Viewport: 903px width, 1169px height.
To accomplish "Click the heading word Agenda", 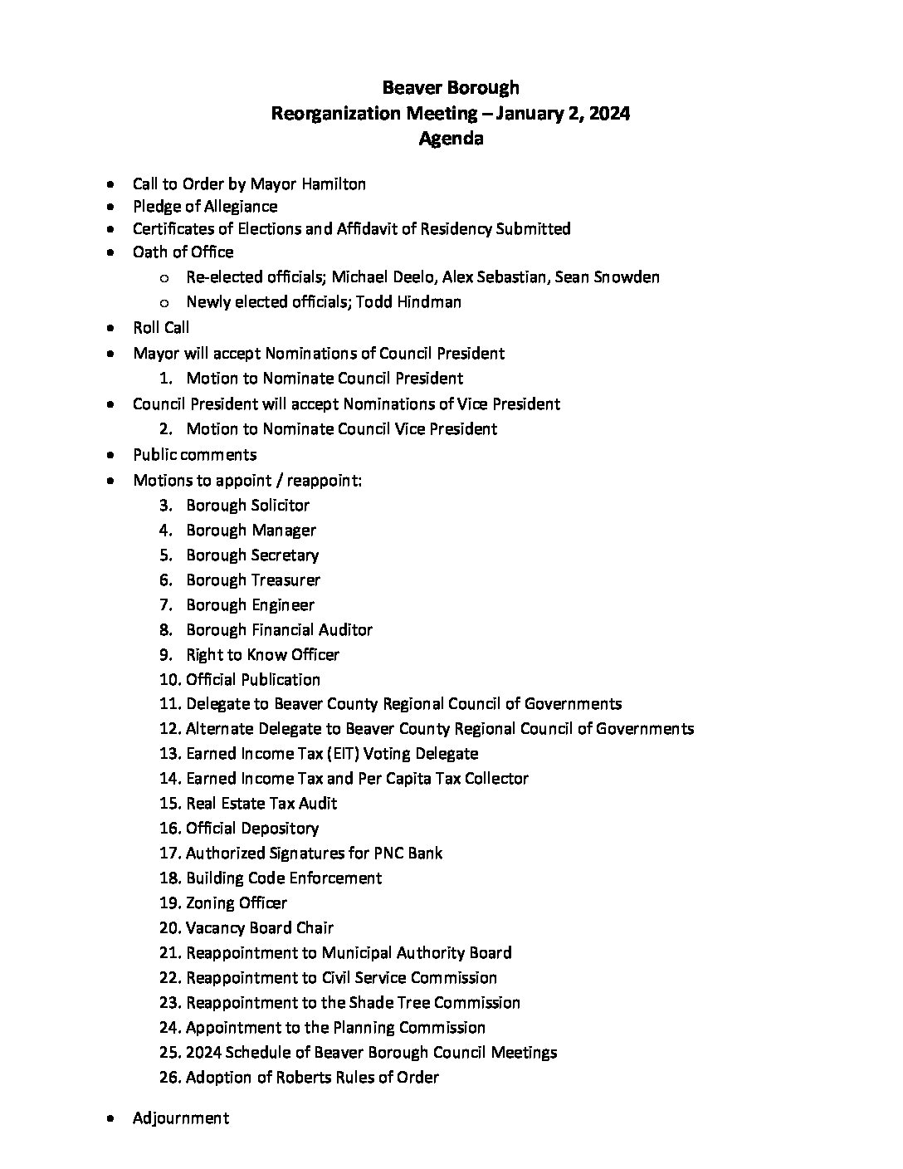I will point(451,139).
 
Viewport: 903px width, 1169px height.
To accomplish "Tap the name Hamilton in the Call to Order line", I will point(332,184).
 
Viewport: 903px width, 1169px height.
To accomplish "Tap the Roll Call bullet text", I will point(161,328).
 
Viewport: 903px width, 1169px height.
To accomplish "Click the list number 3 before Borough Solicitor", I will point(165,506).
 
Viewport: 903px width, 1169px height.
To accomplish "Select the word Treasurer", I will point(286,580).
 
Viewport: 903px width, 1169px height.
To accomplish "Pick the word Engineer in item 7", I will point(282,605).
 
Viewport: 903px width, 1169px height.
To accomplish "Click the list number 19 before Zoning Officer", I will point(169,903).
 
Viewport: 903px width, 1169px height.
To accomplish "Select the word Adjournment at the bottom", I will point(180,1118).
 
